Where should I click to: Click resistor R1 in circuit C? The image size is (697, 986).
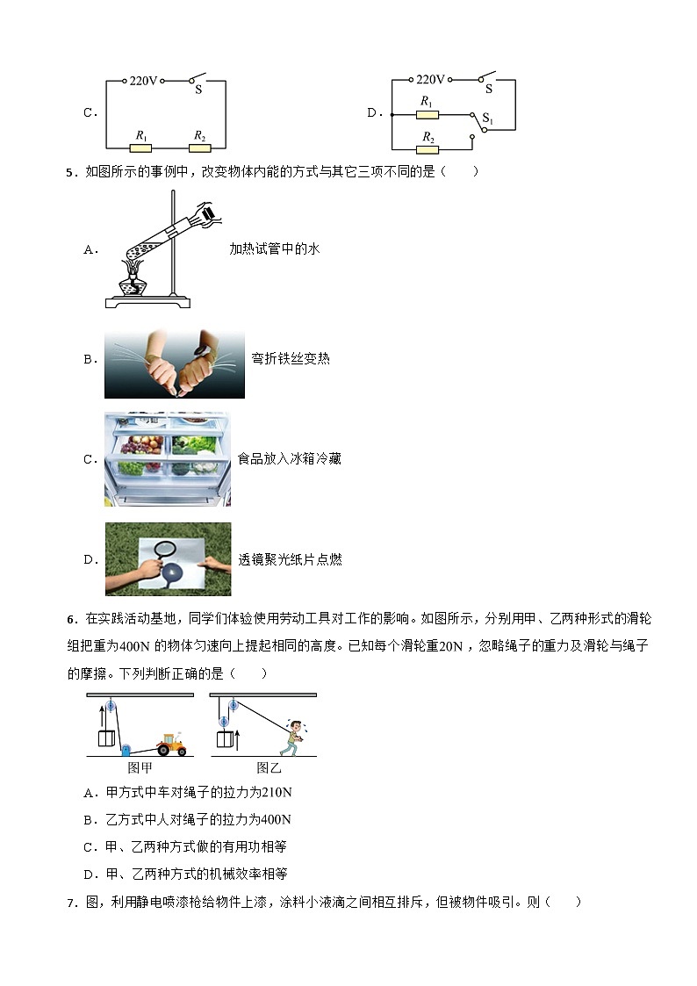pyautogui.click(x=140, y=148)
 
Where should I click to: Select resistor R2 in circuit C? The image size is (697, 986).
pyautogui.click(x=200, y=148)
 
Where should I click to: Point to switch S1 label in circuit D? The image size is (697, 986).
pyautogui.click(x=488, y=119)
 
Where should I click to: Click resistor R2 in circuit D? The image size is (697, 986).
pyautogui.click(x=428, y=149)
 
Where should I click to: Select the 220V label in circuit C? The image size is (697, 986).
pyautogui.click(x=144, y=80)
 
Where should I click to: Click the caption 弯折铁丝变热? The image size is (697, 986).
pyautogui.click(x=290, y=359)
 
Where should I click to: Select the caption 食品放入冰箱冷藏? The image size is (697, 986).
pyautogui.click(x=289, y=459)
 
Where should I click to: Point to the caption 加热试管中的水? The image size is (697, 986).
pyautogui.click(x=274, y=249)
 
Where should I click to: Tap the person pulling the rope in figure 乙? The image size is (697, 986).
pyautogui.click(x=292, y=738)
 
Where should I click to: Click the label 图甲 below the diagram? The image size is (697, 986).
pyautogui.click(x=140, y=766)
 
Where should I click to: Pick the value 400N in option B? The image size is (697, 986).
pyautogui.click(x=276, y=820)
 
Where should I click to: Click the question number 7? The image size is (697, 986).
pyautogui.click(x=70, y=902)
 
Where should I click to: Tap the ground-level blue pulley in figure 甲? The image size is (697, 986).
pyautogui.click(x=126, y=751)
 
